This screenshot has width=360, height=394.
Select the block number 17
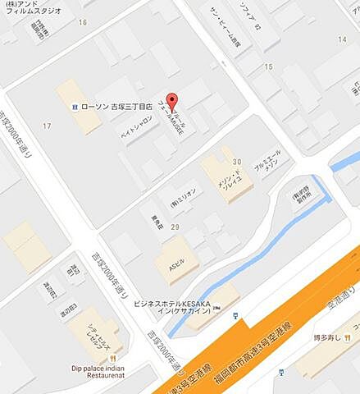(x=47, y=126)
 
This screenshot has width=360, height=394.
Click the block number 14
(x=341, y=39)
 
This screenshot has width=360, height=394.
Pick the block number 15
(x=268, y=66)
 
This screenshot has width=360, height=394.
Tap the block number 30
(x=237, y=162)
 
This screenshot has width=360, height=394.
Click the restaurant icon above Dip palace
(x=120, y=357)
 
